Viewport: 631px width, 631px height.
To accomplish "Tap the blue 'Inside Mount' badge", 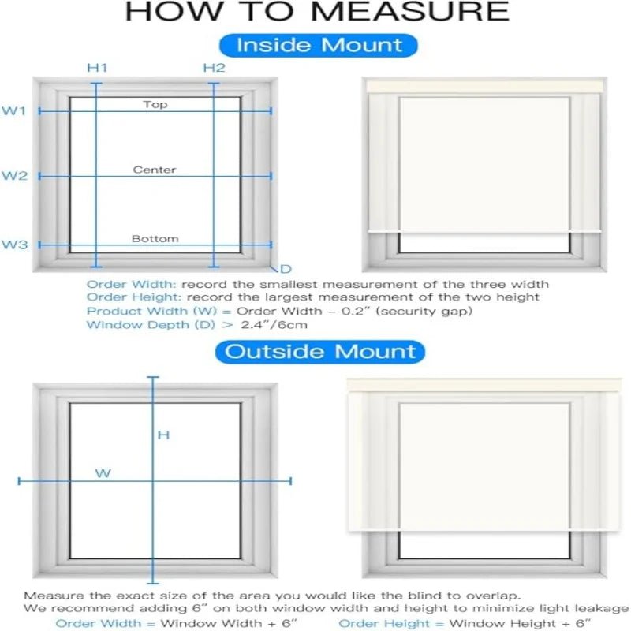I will point(319,45).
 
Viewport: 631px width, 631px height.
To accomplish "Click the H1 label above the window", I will point(96,68).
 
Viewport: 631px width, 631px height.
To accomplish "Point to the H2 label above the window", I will point(214,68).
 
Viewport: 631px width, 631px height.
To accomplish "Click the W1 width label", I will point(14,111).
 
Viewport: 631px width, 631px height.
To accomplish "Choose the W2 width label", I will point(14,176).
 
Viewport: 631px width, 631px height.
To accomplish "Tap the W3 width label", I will point(14,245).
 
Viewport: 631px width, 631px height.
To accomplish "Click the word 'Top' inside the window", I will point(155,104).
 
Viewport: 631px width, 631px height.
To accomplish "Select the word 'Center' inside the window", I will point(155,170).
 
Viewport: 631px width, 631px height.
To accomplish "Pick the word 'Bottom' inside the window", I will point(155,238).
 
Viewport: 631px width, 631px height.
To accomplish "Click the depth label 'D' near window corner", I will point(286,270).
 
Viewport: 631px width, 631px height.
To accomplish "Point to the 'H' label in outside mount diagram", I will point(163,435).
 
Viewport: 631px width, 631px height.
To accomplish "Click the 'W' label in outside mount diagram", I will point(103,473).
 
